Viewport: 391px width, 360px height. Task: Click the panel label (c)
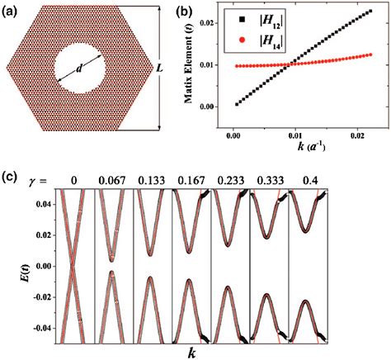coord(11,178)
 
